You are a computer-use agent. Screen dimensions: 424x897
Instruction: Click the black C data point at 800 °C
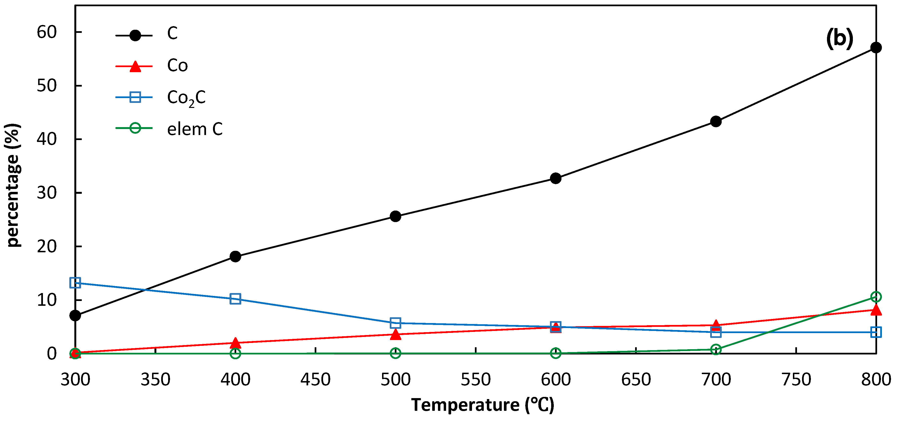click(876, 48)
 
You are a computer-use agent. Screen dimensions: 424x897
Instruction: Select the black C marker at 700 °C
click(716, 122)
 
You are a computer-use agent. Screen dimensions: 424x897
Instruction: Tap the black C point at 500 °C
click(395, 216)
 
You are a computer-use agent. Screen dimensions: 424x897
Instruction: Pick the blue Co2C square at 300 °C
click(75, 283)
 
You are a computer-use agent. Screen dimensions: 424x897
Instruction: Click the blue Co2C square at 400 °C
click(235, 299)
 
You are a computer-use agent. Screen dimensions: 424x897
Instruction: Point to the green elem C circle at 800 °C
click(876, 297)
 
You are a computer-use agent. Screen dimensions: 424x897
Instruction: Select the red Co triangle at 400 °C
click(235, 343)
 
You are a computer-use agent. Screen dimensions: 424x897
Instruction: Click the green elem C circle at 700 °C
click(716, 349)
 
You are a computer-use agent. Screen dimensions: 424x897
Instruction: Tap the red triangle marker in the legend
click(135, 66)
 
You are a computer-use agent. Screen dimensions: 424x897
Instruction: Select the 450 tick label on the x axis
click(315, 379)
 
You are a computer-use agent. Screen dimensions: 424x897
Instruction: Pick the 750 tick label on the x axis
click(796, 379)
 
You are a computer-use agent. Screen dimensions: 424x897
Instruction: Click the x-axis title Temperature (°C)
click(482, 405)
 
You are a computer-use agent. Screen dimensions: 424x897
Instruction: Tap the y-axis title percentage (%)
click(13, 185)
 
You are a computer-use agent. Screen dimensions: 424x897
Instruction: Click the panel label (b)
click(839, 38)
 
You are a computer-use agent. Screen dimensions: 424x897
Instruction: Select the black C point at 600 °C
click(555, 178)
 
